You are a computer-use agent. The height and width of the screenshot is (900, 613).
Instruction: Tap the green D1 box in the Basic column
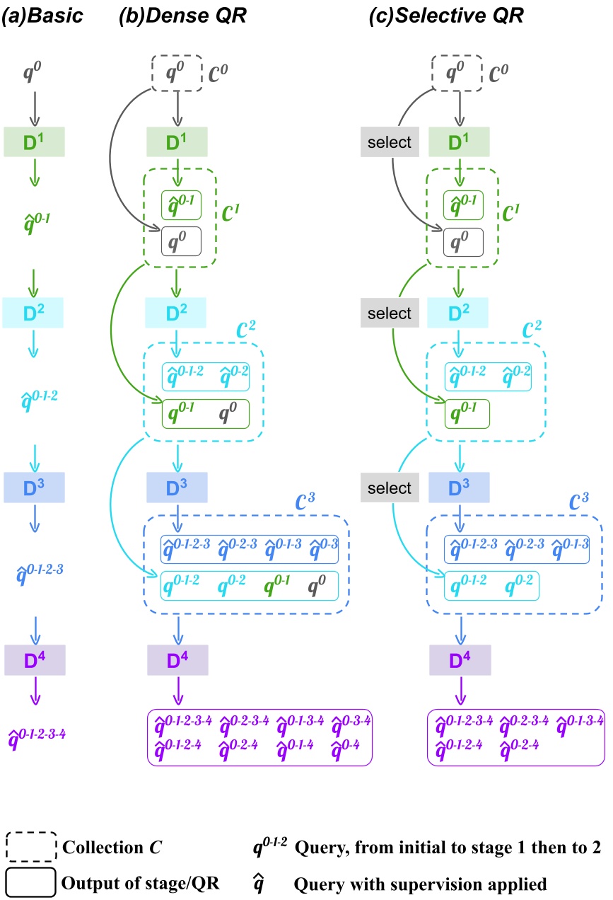(x=35, y=142)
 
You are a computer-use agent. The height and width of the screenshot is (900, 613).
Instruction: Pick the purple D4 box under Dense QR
(x=177, y=659)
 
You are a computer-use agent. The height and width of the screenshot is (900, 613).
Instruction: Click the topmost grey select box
(x=390, y=142)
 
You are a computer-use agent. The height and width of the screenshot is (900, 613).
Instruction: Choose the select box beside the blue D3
(x=390, y=487)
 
